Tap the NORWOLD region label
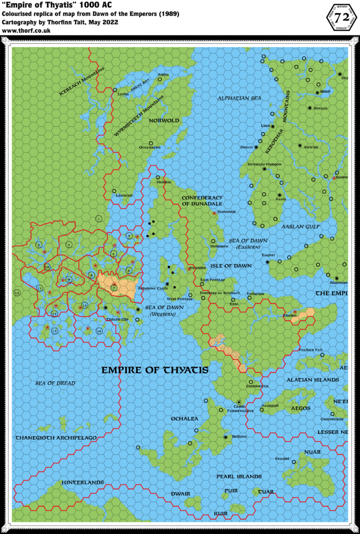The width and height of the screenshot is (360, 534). (x=164, y=120)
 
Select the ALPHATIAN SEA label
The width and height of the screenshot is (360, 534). (x=239, y=98)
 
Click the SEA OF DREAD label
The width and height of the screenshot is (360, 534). (x=55, y=383)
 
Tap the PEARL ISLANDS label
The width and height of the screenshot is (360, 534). (x=239, y=477)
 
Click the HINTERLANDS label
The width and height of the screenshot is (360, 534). (x=82, y=483)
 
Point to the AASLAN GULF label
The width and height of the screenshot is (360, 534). (x=301, y=227)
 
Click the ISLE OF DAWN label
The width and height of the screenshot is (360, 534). (x=235, y=266)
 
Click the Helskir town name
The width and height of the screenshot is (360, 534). (x=164, y=182)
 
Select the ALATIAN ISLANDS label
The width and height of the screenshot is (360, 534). (x=313, y=380)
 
